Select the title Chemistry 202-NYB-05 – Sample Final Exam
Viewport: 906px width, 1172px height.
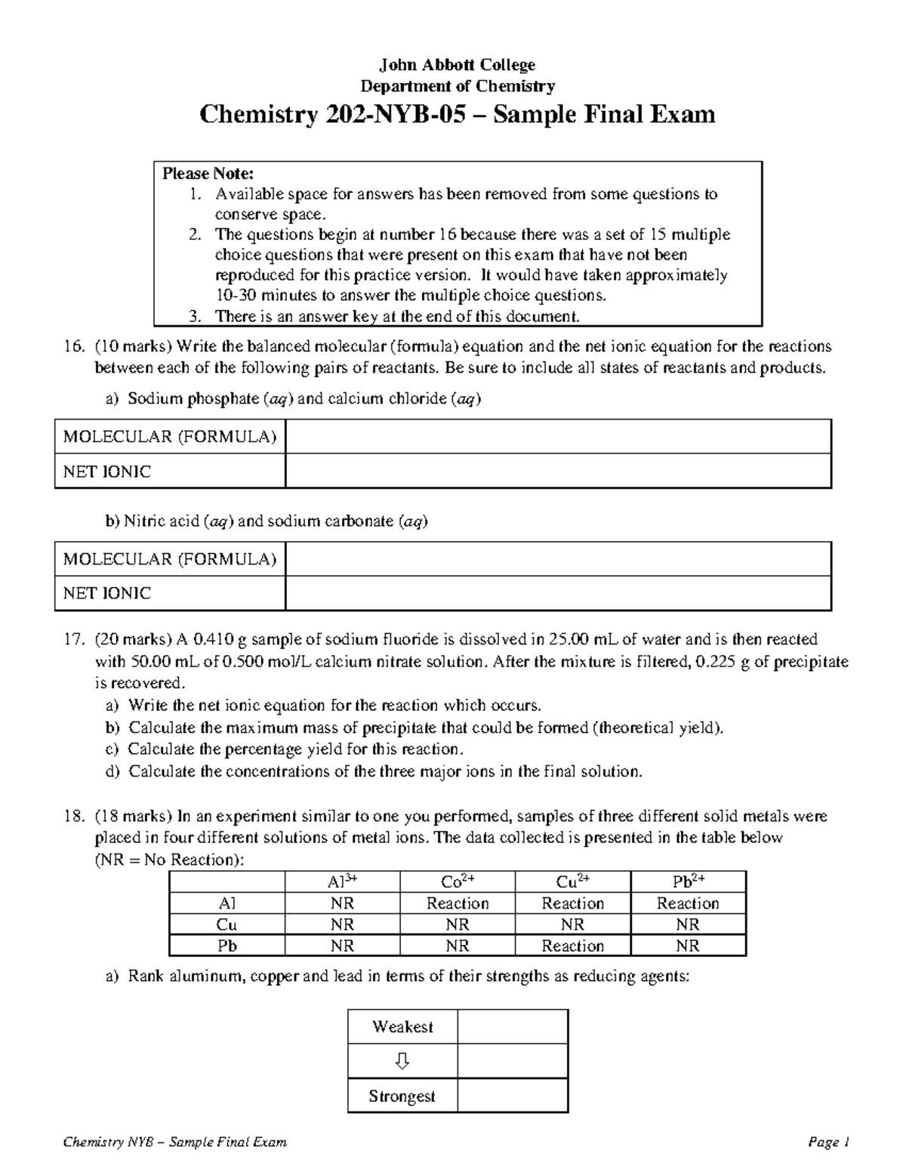pos(457,114)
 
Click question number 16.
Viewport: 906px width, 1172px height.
pos(72,346)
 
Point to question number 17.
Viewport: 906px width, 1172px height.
pos(72,639)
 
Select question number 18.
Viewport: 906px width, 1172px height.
pos(72,816)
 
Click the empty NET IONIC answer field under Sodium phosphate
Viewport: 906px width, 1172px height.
pos(558,472)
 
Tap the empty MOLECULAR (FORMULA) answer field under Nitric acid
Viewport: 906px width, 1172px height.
pos(558,559)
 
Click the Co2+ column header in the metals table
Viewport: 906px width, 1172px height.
pos(458,881)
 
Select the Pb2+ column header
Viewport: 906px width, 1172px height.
pos(688,881)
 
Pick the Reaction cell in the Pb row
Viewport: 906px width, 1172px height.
pos(572,946)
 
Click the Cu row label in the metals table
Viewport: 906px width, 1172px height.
pos(227,924)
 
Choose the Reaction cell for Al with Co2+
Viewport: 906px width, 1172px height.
pos(458,903)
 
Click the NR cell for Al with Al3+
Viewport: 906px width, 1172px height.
pos(342,903)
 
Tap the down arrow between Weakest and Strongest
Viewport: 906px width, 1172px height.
pos(402,1062)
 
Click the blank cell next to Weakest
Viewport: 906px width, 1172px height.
pos(513,1027)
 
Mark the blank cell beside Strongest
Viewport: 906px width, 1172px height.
pos(513,1097)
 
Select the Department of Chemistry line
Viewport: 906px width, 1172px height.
pos(458,86)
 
